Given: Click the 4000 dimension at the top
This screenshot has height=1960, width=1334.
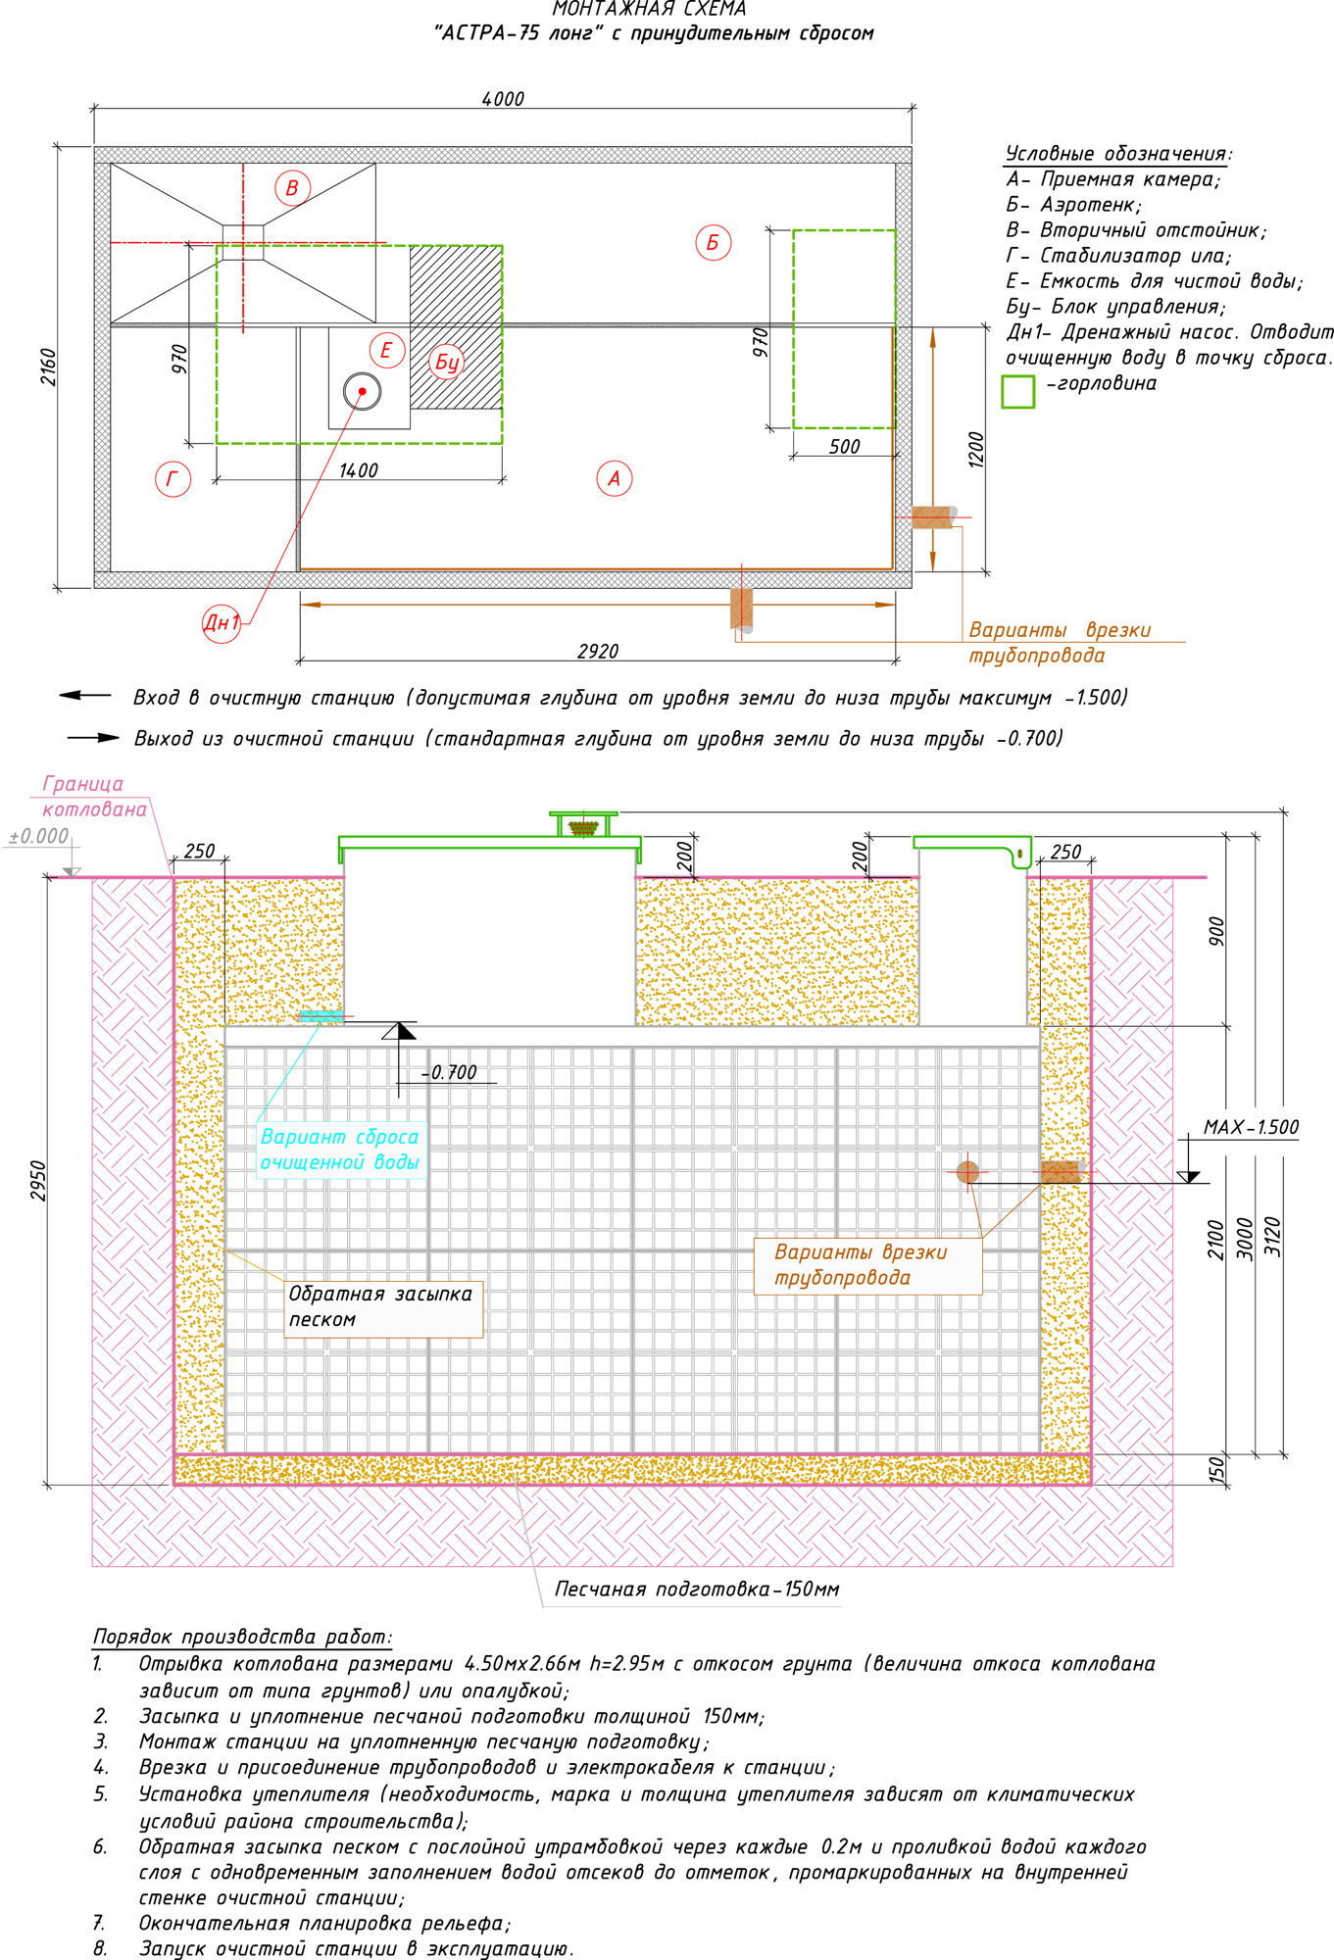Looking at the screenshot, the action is (x=503, y=99).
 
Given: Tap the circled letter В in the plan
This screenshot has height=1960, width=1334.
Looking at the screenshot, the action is (x=292, y=187).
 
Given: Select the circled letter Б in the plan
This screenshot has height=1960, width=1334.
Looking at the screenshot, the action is (x=713, y=242).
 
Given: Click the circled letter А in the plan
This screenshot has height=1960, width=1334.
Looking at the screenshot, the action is (x=615, y=478).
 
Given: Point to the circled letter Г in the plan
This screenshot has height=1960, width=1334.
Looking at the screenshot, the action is (x=173, y=478).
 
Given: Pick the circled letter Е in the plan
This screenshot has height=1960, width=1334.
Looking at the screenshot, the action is (x=387, y=350).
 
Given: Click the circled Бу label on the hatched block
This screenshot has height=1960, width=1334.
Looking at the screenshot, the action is (x=447, y=362).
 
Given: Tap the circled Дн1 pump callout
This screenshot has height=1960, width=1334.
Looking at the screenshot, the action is (x=222, y=622).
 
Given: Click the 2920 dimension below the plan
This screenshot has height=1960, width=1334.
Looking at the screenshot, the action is (x=598, y=652).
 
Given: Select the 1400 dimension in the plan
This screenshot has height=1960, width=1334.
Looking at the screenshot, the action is (x=359, y=470).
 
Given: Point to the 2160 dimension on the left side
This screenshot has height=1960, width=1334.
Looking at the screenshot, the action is (x=48, y=367).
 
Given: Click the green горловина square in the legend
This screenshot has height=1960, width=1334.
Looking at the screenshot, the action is (x=1018, y=391).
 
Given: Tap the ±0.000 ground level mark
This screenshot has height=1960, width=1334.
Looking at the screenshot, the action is (x=39, y=836).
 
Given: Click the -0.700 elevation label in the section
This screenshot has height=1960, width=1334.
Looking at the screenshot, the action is (x=450, y=1072).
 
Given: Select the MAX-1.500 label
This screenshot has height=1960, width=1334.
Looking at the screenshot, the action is (x=1252, y=1127).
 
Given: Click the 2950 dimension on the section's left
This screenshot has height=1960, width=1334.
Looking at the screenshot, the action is (x=38, y=1181).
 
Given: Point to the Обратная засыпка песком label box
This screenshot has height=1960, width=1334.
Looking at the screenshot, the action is (x=382, y=1307).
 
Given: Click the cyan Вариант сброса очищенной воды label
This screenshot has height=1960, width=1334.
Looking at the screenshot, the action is (x=340, y=1150).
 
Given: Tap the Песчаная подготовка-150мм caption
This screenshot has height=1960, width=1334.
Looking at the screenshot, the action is (x=697, y=1589).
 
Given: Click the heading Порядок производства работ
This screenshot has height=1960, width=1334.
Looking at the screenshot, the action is (x=242, y=1637).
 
